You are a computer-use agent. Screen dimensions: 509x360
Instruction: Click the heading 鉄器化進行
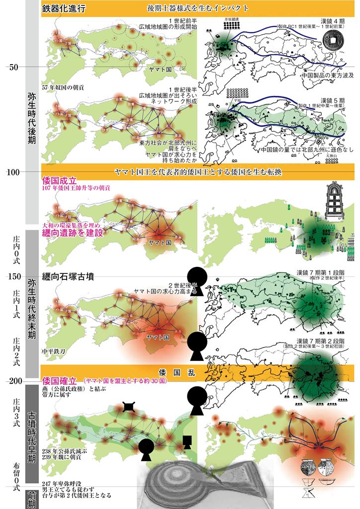pos(64,9)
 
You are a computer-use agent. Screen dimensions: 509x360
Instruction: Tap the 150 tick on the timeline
pos(14,276)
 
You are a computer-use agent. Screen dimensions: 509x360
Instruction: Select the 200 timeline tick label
pos(14,381)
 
